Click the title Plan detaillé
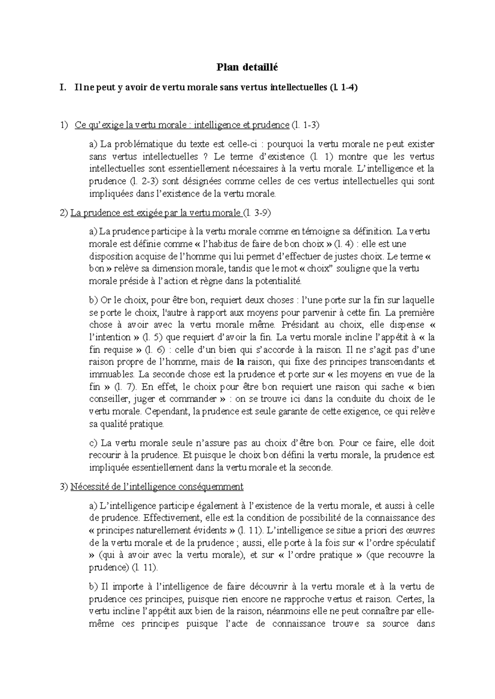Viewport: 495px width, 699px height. [x=247, y=67]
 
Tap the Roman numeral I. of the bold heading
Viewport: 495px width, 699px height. [x=63, y=87]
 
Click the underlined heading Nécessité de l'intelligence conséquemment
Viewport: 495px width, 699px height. [x=157, y=487]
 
